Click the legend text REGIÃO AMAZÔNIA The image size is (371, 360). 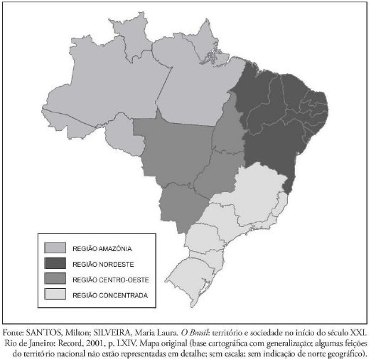pyautogui.click(x=102, y=249)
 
